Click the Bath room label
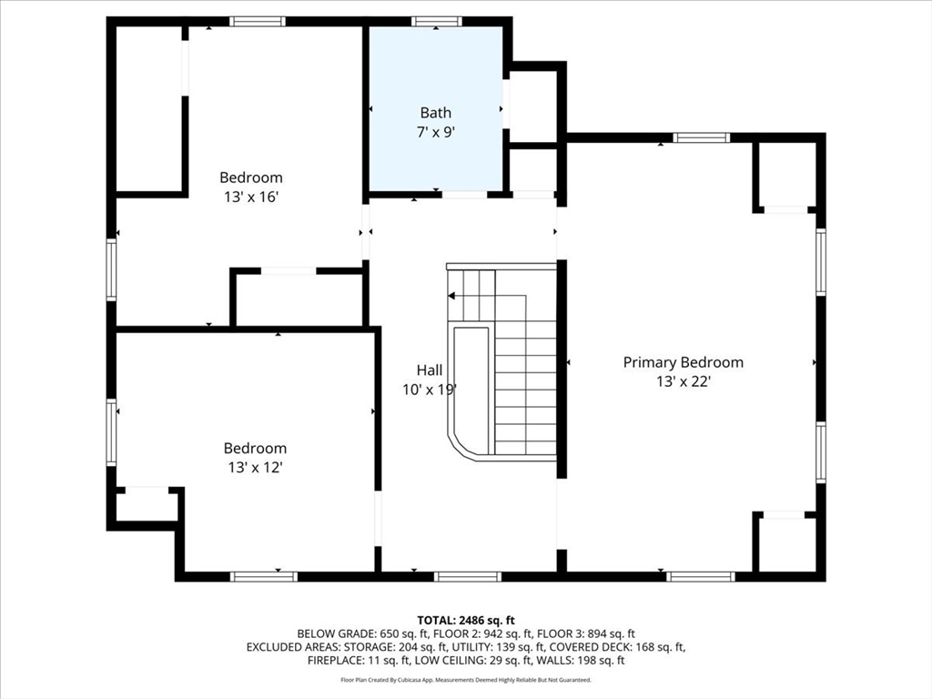pyautogui.click(x=436, y=112)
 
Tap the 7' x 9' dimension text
pyautogui.click(x=436, y=132)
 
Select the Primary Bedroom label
pyautogui.click(x=683, y=362)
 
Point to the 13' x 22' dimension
pyautogui.click(x=684, y=381)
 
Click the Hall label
pyautogui.click(x=430, y=370)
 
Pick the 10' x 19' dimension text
pyautogui.click(x=430, y=390)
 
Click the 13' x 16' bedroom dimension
pyautogui.click(x=251, y=197)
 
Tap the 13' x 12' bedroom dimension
pyautogui.click(x=255, y=468)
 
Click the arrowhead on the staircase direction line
pyautogui.click(x=451, y=296)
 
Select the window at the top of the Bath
pyautogui.click(x=436, y=22)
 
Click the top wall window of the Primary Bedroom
pyautogui.click(x=702, y=138)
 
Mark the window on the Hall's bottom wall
pyautogui.click(x=468, y=576)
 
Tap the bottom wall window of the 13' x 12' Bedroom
pyautogui.click(x=263, y=576)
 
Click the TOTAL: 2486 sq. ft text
pyautogui.click(x=466, y=621)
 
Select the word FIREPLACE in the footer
pyautogui.click(x=334, y=661)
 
